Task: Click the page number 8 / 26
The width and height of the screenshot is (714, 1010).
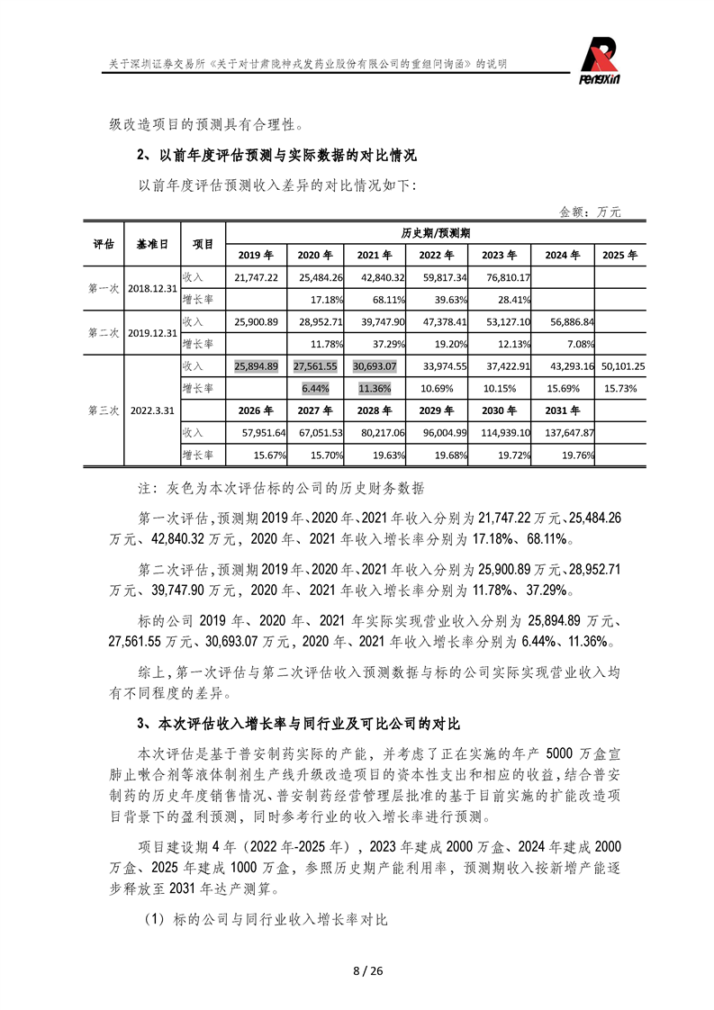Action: tap(357, 970)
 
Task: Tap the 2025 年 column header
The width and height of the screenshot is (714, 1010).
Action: tap(619, 255)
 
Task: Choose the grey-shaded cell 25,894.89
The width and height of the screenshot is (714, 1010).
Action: tap(256, 366)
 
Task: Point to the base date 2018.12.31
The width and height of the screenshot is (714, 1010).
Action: tap(153, 288)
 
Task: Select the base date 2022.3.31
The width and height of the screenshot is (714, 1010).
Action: tap(153, 410)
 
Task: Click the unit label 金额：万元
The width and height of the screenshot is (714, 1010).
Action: tap(590, 212)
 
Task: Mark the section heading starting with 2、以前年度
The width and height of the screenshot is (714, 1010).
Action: tap(276, 155)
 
